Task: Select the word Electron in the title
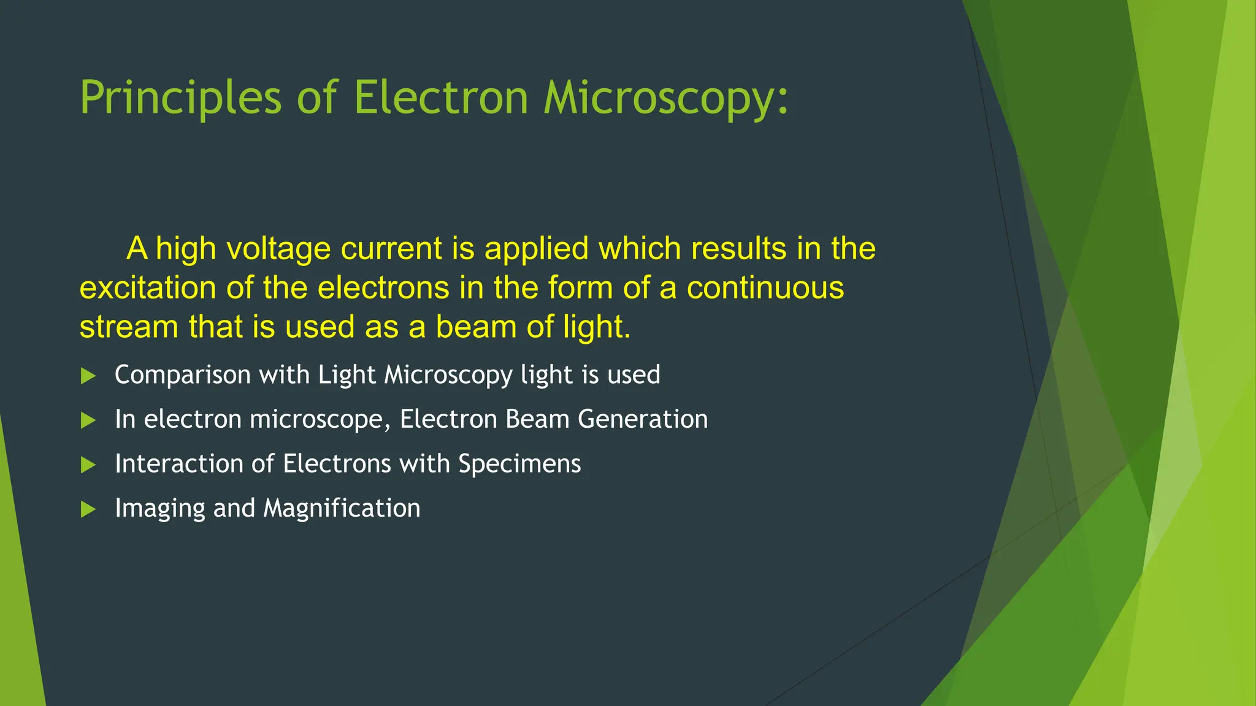[x=441, y=98]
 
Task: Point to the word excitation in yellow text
[x=148, y=288]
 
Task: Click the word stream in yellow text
[x=129, y=327]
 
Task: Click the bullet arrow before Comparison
[x=88, y=376]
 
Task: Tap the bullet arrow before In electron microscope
[x=88, y=420]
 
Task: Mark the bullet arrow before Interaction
[x=88, y=465]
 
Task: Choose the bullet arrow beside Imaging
[x=88, y=509]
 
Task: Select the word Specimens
[x=519, y=464]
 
